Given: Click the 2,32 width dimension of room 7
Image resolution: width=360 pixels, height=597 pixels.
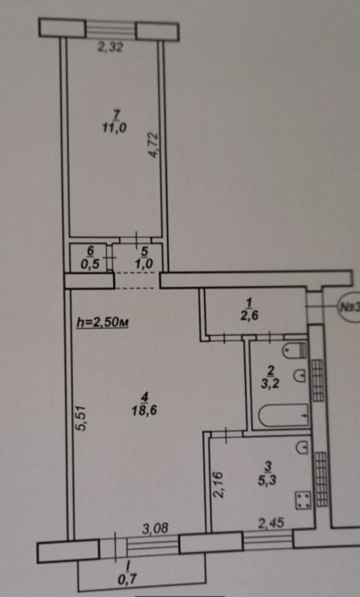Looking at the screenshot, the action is (x=110, y=48).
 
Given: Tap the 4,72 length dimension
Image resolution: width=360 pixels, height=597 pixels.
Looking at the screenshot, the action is (x=152, y=144).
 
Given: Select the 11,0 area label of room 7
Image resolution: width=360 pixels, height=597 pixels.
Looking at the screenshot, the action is (x=114, y=128).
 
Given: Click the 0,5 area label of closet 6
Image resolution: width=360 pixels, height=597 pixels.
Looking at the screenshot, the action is (x=91, y=265).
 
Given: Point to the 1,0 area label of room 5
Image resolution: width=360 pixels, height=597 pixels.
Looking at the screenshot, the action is (x=144, y=265).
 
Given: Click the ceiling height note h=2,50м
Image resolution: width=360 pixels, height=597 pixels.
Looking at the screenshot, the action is (x=102, y=323).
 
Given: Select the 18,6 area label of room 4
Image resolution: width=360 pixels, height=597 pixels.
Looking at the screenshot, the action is (x=144, y=411).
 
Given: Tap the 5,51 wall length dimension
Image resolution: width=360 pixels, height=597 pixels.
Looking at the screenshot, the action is (x=83, y=419).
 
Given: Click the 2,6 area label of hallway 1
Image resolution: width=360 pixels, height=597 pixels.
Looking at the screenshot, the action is (x=250, y=315).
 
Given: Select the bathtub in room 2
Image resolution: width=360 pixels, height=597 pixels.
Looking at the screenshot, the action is (x=283, y=416).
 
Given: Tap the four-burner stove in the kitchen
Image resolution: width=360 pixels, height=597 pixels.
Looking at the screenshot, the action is (x=304, y=500).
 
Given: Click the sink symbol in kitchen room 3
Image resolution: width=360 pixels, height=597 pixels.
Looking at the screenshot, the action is (x=302, y=446).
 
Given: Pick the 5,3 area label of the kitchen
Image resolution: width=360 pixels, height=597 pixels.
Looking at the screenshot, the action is (x=267, y=480).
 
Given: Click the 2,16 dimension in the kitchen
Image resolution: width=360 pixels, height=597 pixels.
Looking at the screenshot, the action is (x=218, y=484).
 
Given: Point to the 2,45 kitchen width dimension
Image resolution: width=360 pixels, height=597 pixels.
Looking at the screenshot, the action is (x=271, y=524).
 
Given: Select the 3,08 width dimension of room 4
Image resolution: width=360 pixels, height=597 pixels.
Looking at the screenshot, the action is (x=155, y=528).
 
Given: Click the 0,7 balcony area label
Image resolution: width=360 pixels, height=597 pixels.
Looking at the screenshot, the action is (x=127, y=580).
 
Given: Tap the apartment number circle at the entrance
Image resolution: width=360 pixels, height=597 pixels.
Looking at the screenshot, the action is (x=348, y=307).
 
